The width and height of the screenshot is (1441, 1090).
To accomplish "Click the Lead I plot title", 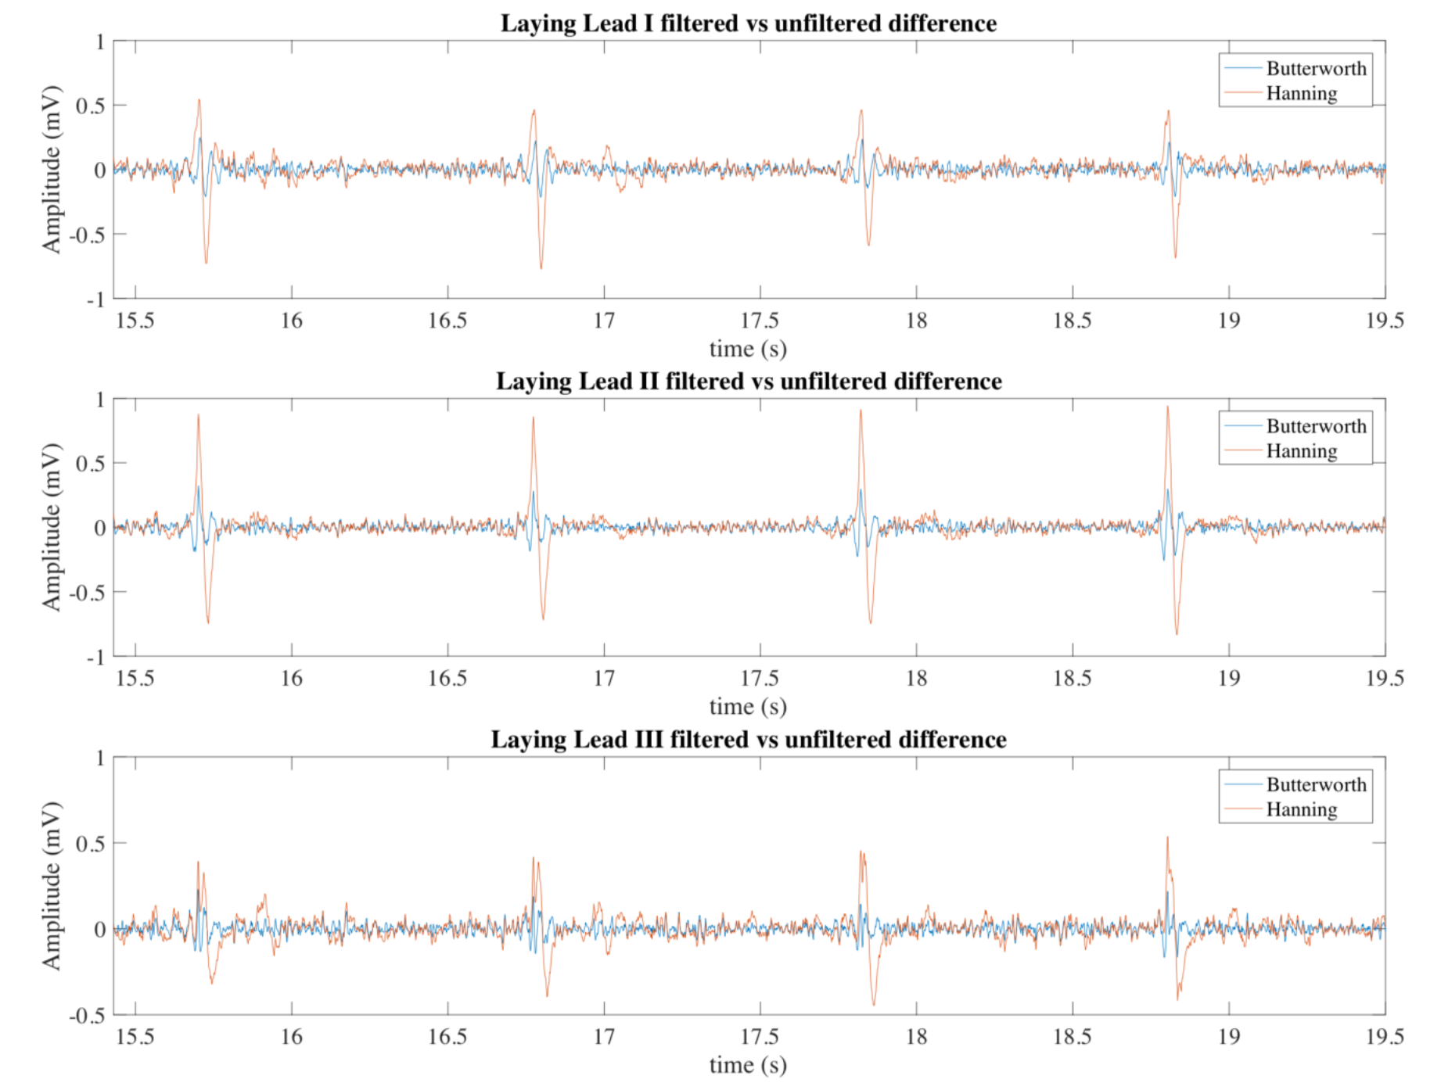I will [748, 23].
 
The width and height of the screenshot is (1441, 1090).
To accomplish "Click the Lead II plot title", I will [748, 382].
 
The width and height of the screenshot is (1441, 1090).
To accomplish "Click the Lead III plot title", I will [748, 740].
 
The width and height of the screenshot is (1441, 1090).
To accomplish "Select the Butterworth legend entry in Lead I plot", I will [1316, 69].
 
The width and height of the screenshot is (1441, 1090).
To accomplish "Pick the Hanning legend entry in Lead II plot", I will [1301, 451].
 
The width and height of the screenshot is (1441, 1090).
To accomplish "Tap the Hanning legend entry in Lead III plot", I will [1301, 809].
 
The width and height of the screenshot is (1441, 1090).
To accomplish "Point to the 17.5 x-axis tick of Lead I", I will [760, 321].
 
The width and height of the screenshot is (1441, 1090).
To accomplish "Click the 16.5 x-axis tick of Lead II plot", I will [447, 678].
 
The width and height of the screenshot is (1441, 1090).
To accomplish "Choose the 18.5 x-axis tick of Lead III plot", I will [1072, 1037].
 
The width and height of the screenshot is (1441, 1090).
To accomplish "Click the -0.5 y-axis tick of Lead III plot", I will [88, 1016].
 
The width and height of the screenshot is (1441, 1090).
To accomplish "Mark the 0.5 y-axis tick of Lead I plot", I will [90, 106].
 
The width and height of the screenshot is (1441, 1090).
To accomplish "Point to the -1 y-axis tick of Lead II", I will [95, 658].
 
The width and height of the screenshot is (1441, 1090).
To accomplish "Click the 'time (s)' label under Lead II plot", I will [748, 706].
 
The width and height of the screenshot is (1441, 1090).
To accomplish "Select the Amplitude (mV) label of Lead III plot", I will [51, 885].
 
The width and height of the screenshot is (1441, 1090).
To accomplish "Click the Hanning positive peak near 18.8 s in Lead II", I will [1167, 407].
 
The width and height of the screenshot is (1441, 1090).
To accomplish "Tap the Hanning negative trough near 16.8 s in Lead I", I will [541, 268].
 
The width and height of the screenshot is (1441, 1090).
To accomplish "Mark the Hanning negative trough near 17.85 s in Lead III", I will [873, 1005].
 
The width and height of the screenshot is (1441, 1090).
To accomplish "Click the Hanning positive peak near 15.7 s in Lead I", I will [199, 100].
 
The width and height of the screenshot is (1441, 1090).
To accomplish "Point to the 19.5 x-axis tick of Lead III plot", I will [1384, 1037].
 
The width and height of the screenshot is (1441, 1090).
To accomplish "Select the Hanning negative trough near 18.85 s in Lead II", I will [1177, 633].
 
